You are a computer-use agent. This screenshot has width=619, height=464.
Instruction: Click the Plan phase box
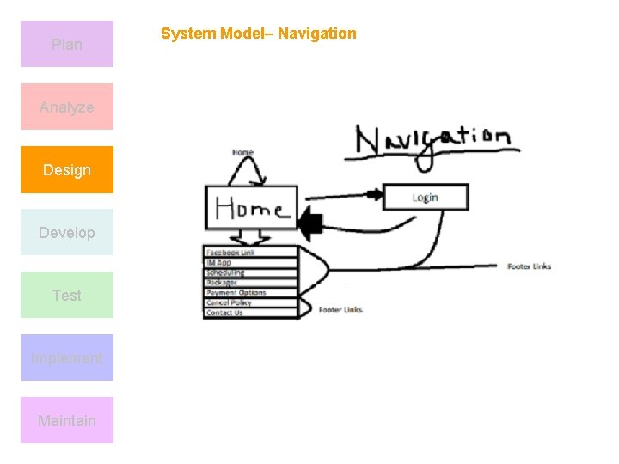67,44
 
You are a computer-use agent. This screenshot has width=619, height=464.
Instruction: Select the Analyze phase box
67,107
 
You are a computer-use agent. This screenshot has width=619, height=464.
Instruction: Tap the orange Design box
67,169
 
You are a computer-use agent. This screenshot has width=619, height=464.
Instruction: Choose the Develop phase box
67,232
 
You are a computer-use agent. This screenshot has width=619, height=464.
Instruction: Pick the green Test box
67,295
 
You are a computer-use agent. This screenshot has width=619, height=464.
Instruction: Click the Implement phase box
67,357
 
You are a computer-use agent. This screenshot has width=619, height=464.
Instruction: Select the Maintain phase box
67,420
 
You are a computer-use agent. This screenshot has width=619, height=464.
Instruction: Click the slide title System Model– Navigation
258,34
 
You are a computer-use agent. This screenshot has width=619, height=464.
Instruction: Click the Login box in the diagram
425,197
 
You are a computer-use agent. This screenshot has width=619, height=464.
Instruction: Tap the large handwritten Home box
251,207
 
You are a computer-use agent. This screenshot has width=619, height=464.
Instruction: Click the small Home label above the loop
243,153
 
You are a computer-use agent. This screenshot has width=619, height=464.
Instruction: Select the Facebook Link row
249,253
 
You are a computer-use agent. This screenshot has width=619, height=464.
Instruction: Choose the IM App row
249,262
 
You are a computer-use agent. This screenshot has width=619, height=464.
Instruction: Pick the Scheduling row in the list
249,272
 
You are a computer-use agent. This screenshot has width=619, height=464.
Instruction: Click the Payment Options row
249,293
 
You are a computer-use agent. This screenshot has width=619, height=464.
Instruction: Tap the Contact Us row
249,313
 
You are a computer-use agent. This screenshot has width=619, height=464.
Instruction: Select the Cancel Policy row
249,303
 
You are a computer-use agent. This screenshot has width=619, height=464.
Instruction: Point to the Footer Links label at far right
529,266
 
